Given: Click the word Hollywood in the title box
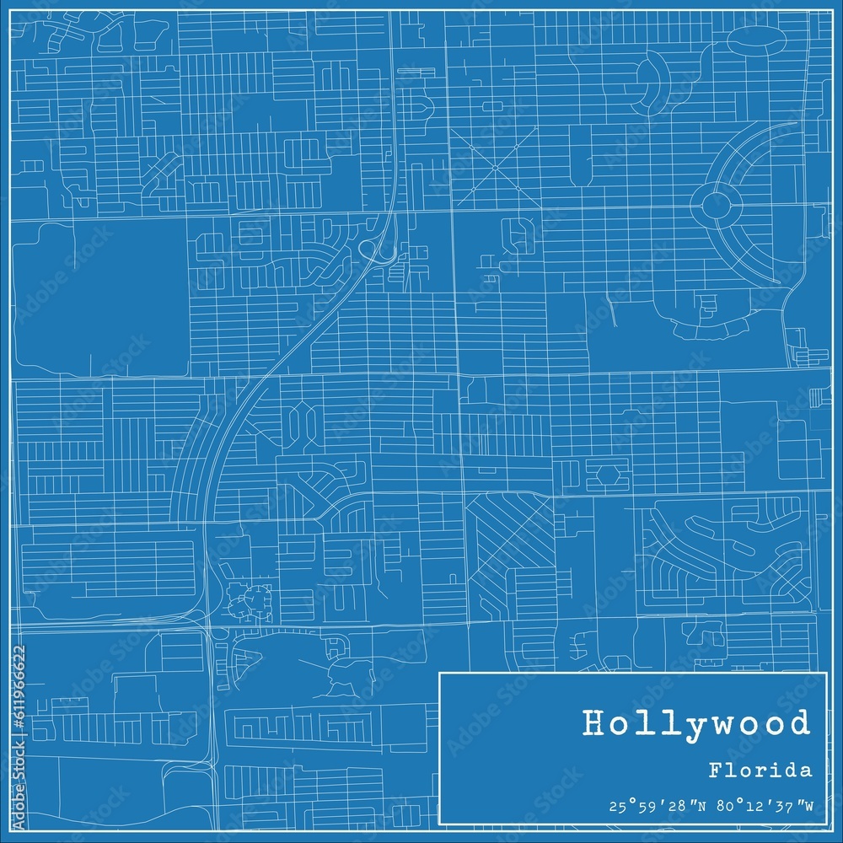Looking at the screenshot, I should click(695, 723).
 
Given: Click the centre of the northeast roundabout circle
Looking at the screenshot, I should click(716, 202).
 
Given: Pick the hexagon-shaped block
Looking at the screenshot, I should click(607, 474).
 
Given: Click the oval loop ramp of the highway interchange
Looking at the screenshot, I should click(370, 249).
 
